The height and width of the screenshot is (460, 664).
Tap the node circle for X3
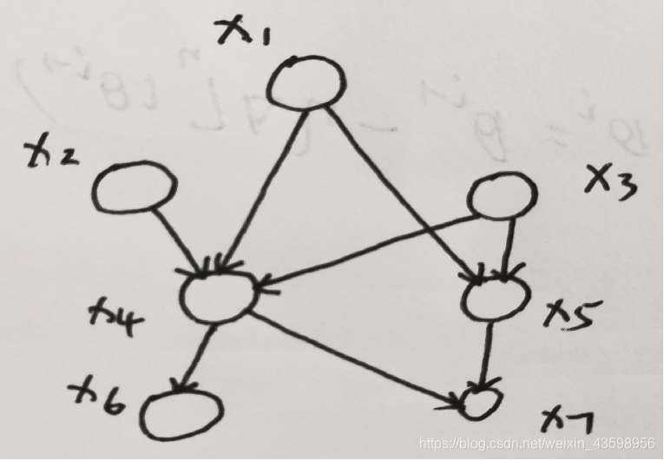[x=500, y=200]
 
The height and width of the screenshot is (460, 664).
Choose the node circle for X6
[x=183, y=416]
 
